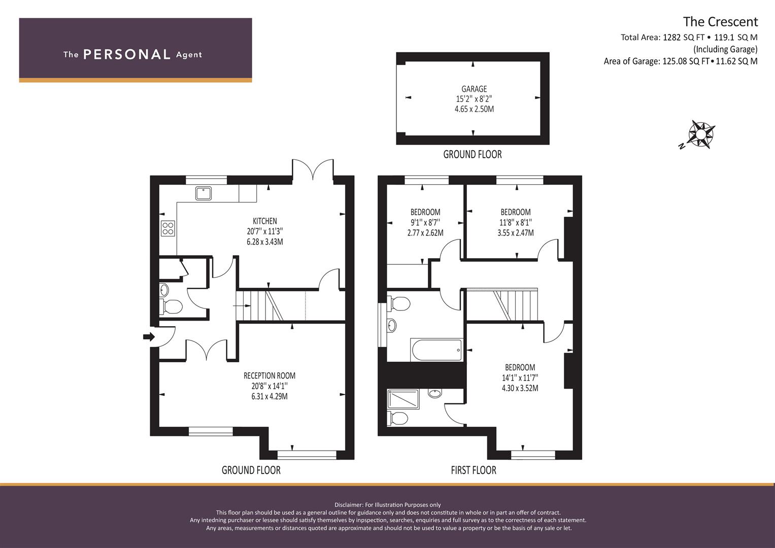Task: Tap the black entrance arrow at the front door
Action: [149, 336]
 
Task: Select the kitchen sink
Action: [204, 193]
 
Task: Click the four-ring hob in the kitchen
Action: [168, 228]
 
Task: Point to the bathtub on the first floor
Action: [436, 350]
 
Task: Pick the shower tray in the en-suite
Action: [403, 399]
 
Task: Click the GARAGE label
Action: [474, 89]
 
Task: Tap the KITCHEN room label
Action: [265, 221]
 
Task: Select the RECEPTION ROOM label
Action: [269, 375]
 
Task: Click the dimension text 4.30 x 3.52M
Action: [520, 388]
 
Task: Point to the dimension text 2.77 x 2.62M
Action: [425, 232]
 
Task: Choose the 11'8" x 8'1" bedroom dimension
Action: [516, 222]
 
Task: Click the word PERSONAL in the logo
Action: [127, 54]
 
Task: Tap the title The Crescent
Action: [720, 22]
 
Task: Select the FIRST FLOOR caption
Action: [474, 470]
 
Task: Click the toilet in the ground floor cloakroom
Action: [171, 306]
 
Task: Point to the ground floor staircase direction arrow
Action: [242, 306]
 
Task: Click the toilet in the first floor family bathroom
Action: [398, 304]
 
